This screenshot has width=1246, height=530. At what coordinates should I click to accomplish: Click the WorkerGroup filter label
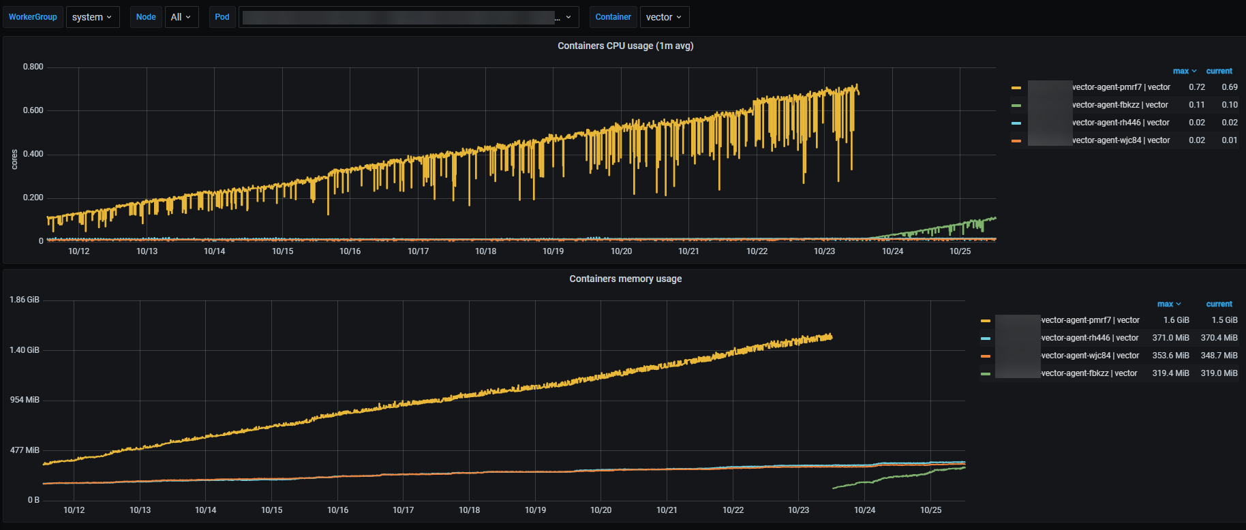(x=33, y=17)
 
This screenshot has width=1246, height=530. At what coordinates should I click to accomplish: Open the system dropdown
(x=92, y=17)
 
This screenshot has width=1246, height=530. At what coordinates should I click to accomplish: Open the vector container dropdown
(x=664, y=17)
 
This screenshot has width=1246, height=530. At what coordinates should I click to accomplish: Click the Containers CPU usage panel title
(x=625, y=46)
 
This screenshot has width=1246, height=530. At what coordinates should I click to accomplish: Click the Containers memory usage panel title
(x=625, y=279)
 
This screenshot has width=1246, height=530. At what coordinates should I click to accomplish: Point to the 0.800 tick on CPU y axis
(x=33, y=67)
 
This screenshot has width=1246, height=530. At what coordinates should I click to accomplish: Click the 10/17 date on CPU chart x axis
(x=418, y=251)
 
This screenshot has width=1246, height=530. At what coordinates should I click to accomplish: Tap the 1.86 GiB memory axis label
(x=25, y=300)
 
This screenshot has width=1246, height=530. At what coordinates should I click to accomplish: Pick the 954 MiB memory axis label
(x=25, y=400)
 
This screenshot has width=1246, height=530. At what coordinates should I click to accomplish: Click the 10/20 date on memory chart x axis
(x=601, y=510)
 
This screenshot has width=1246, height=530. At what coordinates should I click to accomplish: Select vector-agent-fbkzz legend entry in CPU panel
(x=1120, y=105)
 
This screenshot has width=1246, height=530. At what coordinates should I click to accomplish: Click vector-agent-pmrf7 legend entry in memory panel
(x=1090, y=320)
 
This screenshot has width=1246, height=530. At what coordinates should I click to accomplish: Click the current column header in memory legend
(x=1219, y=304)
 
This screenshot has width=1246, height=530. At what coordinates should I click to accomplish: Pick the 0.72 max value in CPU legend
(x=1196, y=87)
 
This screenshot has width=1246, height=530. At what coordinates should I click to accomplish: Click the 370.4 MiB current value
(x=1219, y=338)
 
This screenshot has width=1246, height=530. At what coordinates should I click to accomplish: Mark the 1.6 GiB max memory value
(x=1176, y=320)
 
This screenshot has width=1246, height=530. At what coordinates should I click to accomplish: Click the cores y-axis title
(x=14, y=159)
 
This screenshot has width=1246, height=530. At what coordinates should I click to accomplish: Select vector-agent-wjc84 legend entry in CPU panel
(x=1121, y=140)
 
